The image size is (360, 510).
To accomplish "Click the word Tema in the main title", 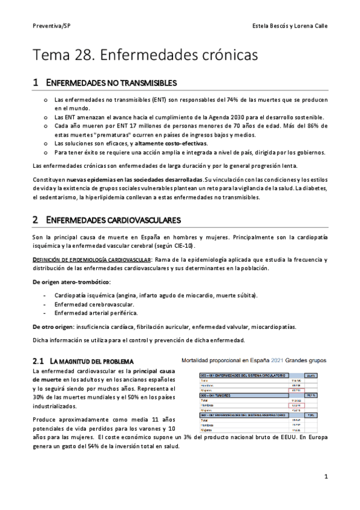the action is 50,55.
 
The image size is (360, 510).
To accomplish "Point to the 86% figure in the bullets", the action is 315,126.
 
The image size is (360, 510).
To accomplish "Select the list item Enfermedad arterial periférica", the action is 96,313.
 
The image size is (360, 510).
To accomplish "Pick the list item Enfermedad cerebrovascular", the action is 93,304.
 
